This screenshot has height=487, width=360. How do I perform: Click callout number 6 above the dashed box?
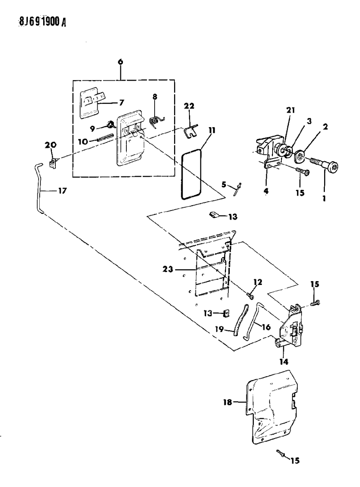coord(121,62)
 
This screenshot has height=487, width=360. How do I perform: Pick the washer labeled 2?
coord(301,155)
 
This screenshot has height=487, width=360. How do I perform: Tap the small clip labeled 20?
coord(53,163)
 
